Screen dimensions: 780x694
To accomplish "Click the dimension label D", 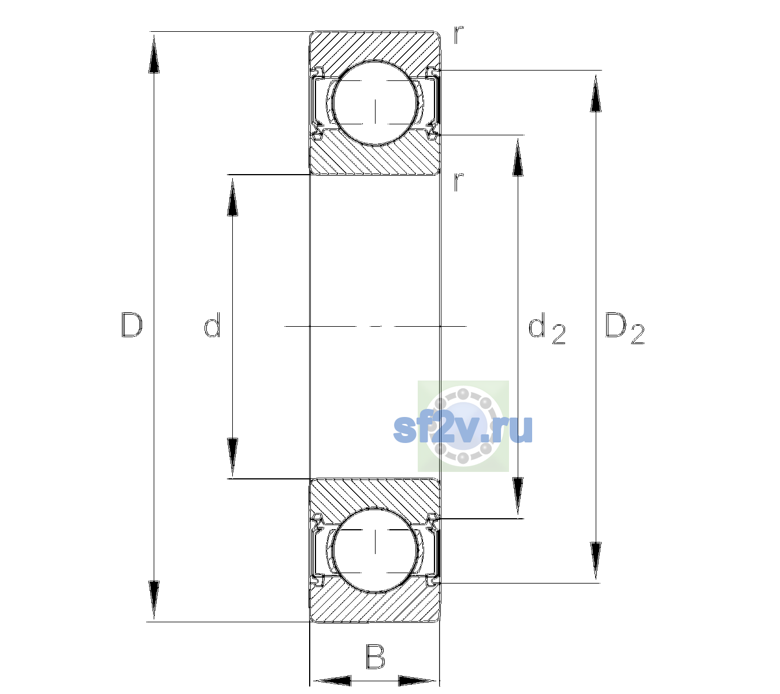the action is pos(132,325).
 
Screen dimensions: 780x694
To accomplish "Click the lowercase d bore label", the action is pos(212,325).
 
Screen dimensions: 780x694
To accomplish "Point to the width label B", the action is pos(375,656).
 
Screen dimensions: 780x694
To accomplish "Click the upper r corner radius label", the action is pos(459,35).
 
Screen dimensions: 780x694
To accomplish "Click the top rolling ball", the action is pos(375,103).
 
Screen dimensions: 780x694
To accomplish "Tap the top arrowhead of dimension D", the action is pos(154,54).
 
